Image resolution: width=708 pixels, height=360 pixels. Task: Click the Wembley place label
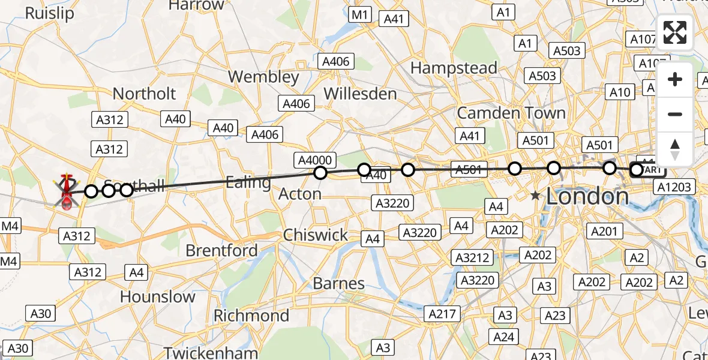coord(263,77)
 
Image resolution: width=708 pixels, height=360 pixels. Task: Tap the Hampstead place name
coord(454,68)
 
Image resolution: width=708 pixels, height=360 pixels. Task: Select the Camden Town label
coord(511,112)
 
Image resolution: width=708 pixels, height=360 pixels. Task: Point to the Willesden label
coord(360,94)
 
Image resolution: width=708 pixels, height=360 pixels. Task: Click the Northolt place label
coord(145,94)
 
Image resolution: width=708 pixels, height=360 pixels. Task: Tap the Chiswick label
coord(316,235)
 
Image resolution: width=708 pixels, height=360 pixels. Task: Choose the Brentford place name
coord(222,250)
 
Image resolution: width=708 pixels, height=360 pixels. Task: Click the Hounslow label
coord(158,296)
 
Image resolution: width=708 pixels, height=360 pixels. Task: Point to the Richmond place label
coord(251,315)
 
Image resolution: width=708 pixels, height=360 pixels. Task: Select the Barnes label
coord(339,283)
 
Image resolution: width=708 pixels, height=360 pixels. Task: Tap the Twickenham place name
coord(211,352)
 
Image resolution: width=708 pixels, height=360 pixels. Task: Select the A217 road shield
coord(442,313)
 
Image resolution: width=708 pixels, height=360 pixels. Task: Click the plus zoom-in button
coord(675,80)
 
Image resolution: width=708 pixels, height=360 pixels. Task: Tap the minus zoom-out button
coord(675,114)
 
